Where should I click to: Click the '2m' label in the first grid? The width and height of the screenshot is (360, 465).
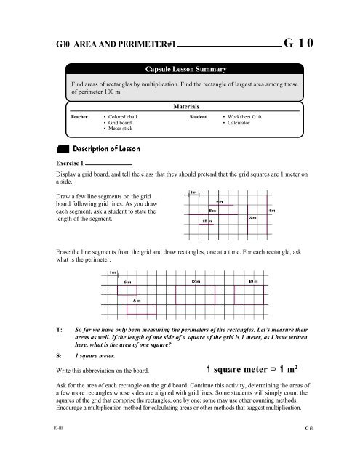pyautogui.click(x=220, y=202)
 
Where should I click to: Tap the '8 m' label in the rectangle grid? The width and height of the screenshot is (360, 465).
pyautogui.click(x=137, y=299)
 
